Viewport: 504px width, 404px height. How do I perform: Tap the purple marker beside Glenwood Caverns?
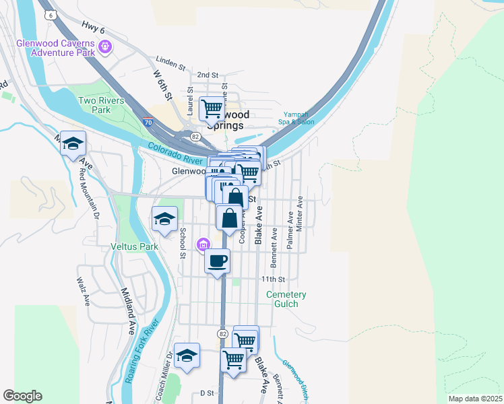coord(104,47)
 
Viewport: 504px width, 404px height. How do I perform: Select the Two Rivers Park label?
coord(94,105)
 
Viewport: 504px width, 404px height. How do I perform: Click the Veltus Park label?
coord(134,247)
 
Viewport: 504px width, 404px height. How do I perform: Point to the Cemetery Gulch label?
coord(286,300)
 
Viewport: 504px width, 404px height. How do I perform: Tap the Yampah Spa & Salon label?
coord(297,118)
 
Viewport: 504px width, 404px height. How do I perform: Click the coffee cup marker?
coord(217,261)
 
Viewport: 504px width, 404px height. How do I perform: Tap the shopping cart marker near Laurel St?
coord(212,107)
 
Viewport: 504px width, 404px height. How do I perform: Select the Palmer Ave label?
coord(290,234)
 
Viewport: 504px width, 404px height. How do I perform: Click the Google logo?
coord(22,396)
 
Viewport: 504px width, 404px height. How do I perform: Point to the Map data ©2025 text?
coord(475,399)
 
